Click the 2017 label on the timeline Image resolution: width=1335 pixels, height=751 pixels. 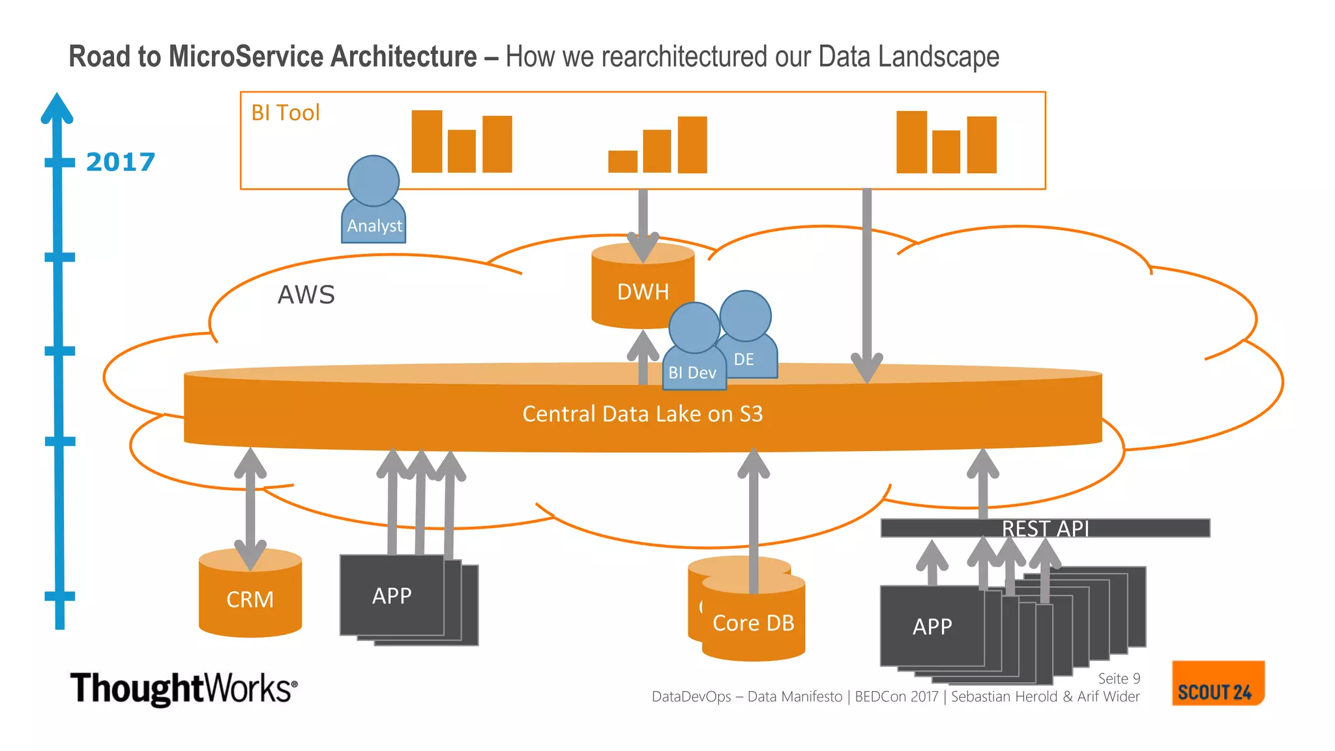point(121,162)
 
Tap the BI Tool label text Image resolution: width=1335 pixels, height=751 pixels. point(286,113)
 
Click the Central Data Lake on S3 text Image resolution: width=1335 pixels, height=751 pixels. point(642,414)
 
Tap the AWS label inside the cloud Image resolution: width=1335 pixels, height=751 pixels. point(306,295)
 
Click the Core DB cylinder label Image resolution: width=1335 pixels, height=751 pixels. point(754,623)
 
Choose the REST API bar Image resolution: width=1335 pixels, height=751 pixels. point(1045,528)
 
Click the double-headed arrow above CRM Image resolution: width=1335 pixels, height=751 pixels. point(250,508)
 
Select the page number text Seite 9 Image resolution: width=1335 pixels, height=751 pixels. point(1119,679)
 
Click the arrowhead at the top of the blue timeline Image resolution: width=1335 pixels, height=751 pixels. point(57,108)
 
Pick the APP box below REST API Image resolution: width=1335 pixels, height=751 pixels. point(932,626)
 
